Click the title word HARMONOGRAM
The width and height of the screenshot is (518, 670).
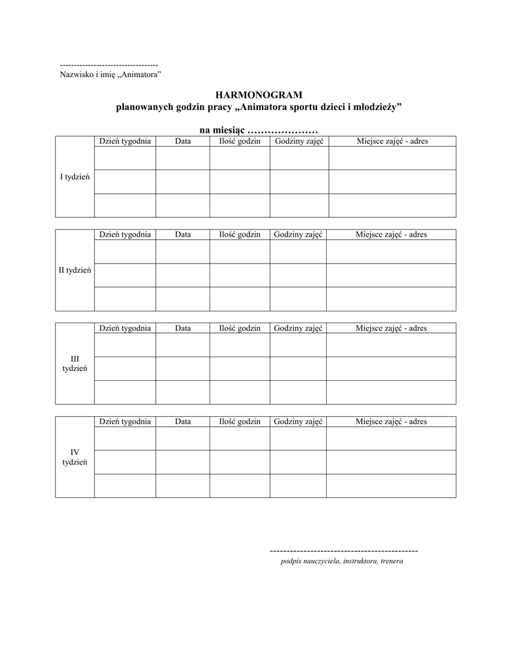259,96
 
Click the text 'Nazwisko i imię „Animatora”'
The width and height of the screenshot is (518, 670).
111,75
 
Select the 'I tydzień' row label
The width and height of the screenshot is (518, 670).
75,177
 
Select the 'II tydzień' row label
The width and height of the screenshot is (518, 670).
75,270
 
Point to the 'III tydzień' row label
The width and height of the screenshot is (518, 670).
75,364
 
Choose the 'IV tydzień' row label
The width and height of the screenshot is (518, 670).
75,457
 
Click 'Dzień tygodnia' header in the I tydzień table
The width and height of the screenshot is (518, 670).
125,141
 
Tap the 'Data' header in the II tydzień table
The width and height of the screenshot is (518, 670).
183,234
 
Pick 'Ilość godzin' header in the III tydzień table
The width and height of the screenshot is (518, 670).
240,328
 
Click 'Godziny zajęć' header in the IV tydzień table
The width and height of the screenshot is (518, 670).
299,421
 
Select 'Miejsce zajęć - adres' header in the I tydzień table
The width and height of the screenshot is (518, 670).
392,141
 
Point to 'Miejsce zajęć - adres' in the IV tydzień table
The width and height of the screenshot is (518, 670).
391,421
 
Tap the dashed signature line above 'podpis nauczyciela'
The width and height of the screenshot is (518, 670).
344,551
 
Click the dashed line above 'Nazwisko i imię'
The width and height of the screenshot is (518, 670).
109,65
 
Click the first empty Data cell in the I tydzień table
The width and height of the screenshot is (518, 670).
183,158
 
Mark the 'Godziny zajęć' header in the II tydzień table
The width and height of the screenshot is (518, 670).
299,234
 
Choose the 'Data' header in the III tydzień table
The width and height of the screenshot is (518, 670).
183,328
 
